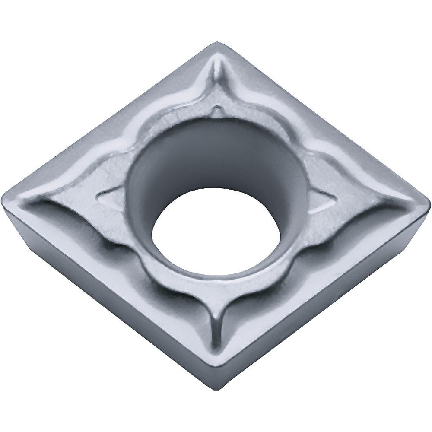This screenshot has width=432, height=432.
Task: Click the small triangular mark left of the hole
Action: [x=108, y=197]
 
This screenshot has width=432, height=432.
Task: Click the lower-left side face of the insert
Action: [x=108, y=302]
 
